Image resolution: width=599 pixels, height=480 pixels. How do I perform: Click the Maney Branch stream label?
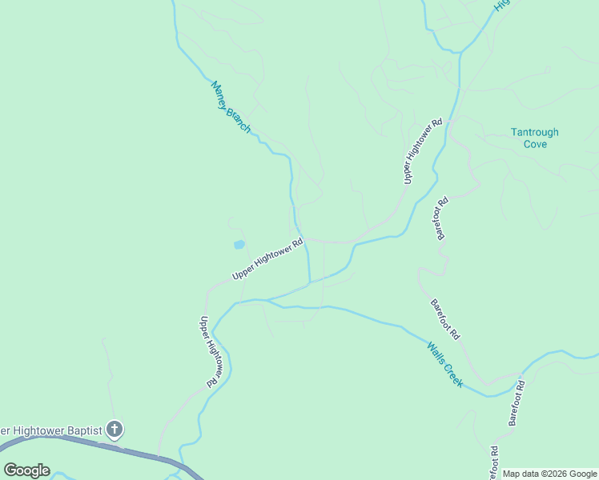231,107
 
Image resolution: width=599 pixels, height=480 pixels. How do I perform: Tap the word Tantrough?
535,133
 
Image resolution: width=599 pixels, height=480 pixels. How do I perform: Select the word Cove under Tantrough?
535,144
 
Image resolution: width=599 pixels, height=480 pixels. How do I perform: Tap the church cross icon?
115,430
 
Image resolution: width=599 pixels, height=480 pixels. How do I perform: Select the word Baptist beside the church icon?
78,430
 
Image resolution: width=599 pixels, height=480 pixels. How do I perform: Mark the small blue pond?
239,244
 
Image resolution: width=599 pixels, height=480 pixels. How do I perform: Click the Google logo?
26,470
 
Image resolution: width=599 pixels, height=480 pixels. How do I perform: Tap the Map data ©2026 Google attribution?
549,474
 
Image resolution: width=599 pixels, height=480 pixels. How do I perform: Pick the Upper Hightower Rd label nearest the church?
210,352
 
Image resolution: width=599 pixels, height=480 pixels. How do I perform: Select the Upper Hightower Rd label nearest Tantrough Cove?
423,152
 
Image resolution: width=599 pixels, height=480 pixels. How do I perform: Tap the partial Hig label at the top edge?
502,5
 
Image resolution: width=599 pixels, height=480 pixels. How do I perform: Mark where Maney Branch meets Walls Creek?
309,283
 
